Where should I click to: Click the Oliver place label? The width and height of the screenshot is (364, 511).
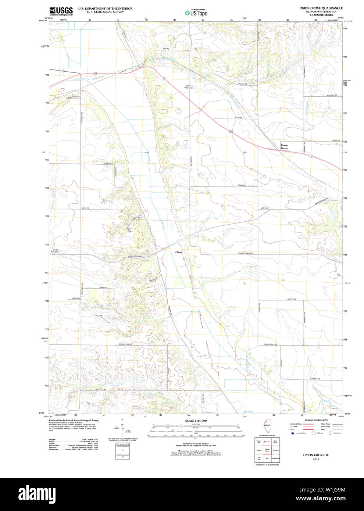[x=179, y=252]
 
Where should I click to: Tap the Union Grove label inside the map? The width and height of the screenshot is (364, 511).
[x=285, y=147]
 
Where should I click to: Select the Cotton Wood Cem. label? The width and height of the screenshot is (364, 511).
[x=188, y=87]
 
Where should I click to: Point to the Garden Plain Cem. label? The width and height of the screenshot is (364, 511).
[x=56, y=251]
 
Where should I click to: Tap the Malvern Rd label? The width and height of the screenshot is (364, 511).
[x=322, y=95]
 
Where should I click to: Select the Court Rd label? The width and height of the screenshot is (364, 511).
[x=241, y=185]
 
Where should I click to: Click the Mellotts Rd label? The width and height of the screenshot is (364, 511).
[x=100, y=389]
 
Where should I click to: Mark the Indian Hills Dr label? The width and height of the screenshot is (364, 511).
[x=73, y=97]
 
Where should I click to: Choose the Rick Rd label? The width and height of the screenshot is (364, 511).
[x=166, y=49]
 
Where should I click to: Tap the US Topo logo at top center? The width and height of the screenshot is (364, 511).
[x=196, y=13]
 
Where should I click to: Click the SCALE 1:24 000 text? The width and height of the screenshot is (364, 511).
[x=196, y=421]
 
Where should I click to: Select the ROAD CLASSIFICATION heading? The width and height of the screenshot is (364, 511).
[x=316, y=420]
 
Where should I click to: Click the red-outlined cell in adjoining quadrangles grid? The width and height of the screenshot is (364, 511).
[x=267, y=450]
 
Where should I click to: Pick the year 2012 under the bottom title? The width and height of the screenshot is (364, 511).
[x=316, y=459]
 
